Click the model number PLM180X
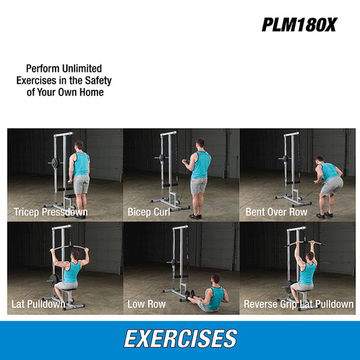pos(298,25)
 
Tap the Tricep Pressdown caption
pos(51,212)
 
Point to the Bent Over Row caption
pos(276,212)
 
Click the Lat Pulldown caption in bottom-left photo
pos(39,304)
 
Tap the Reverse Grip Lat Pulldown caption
pos(298,304)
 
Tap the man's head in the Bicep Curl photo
pos(200,144)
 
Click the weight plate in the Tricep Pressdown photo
pos(50,162)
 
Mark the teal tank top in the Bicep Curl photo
pos(200,165)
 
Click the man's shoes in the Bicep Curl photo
pos(196,215)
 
